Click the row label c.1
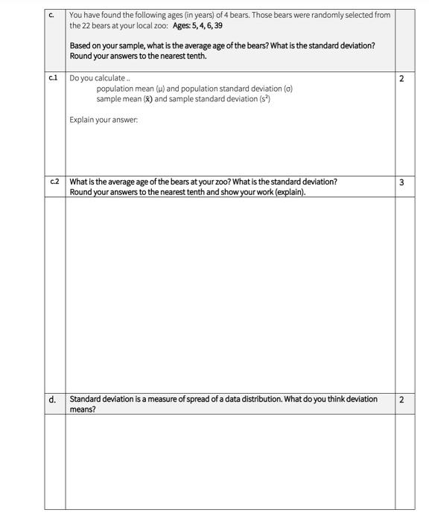point(53,78)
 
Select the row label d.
point(53,400)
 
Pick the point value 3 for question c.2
point(402,182)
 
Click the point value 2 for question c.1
point(402,78)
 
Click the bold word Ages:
point(183,25)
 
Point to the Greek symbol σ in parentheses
point(287,89)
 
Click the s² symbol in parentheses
point(264,99)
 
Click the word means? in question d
point(83,409)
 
